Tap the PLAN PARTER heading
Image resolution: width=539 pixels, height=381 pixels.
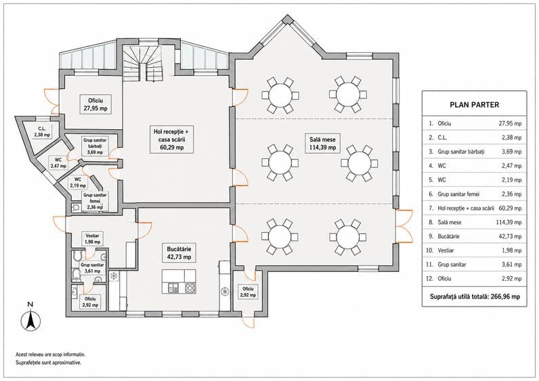click(x=474, y=105)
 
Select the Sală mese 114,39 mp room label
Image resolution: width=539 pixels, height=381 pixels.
click(x=322, y=143)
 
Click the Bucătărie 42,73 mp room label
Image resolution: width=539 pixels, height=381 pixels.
click(x=179, y=253)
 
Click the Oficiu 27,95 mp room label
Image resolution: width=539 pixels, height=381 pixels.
click(x=95, y=104)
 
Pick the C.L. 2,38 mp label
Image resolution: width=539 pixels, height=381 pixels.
click(x=42, y=132)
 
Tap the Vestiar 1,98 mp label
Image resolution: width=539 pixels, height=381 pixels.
click(x=93, y=239)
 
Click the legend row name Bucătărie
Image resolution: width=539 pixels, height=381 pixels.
click(x=448, y=236)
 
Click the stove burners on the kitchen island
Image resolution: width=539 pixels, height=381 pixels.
click(x=190, y=288)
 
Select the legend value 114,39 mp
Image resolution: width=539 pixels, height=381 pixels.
click(x=509, y=222)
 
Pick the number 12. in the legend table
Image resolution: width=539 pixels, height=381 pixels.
click(x=429, y=279)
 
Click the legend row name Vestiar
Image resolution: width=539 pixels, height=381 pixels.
click(x=446, y=250)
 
